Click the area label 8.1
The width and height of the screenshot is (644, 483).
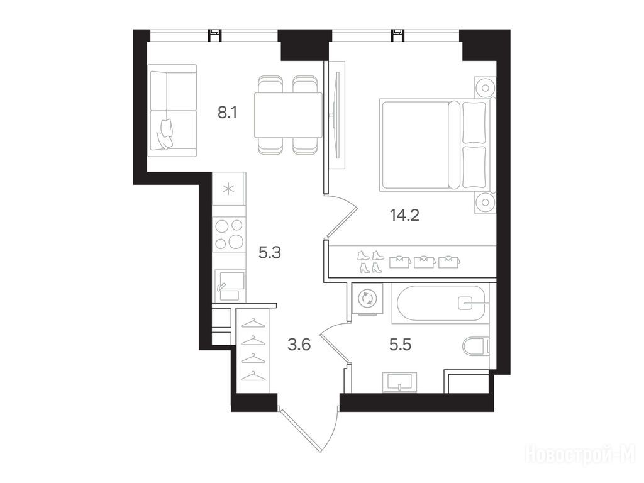[x=227, y=112]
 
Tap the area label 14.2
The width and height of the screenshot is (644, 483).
[x=404, y=215]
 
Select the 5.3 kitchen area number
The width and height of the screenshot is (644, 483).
[x=270, y=253]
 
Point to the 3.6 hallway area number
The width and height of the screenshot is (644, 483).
[x=299, y=345]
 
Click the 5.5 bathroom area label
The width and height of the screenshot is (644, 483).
[x=401, y=345]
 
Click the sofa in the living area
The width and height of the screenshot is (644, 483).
[x=172, y=111]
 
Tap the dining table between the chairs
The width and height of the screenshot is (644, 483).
[x=288, y=115]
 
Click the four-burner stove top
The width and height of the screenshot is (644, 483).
[x=229, y=234]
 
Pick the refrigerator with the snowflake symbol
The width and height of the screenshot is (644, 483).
[x=229, y=189]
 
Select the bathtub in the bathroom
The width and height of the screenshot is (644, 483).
[x=440, y=303]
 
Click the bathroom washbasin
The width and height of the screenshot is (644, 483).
[x=399, y=382]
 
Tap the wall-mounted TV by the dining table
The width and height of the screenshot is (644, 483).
[x=337, y=115]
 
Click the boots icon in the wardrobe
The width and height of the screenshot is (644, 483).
[x=370, y=262]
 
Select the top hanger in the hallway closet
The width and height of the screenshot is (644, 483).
[x=253, y=323]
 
